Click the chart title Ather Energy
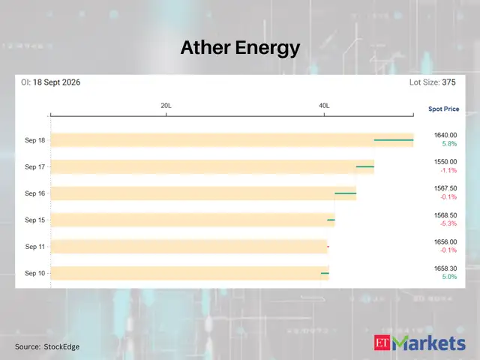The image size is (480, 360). [x=240, y=48]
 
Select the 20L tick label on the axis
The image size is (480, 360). [x=166, y=106]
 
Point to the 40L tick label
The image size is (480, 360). [x=324, y=106]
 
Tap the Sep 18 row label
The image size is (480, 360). [x=35, y=140]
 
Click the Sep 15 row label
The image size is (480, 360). [x=35, y=220]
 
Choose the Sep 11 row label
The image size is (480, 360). [x=35, y=247]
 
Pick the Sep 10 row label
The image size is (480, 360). [x=35, y=273]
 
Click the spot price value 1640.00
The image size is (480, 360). [x=445, y=135]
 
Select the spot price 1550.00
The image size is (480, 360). [x=445, y=162]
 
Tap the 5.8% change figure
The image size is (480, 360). [x=449, y=143]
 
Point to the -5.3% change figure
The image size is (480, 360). [x=448, y=223]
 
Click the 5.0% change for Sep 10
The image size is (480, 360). [x=449, y=277]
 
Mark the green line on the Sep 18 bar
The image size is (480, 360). [x=394, y=140]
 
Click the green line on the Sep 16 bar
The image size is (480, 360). [x=346, y=193]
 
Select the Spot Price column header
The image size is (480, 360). [x=443, y=109]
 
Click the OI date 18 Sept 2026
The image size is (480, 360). [x=57, y=82]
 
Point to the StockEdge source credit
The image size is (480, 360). [x=61, y=346]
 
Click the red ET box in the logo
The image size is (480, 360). [x=382, y=343]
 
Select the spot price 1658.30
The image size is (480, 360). [x=445, y=268]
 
